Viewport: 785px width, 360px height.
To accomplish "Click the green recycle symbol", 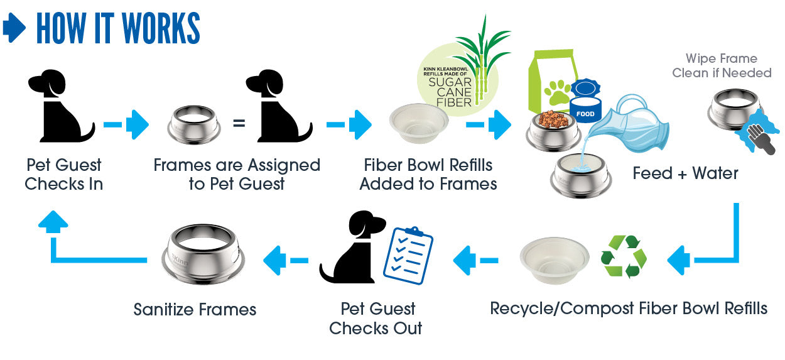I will (x=624, y=256).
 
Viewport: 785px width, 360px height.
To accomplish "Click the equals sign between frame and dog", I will (x=239, y=123).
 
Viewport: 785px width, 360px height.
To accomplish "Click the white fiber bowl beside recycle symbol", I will (x=555, y=259).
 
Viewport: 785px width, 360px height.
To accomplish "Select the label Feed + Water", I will (x=685, y=173).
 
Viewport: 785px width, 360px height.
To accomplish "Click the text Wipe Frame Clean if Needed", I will (x=722, y=66).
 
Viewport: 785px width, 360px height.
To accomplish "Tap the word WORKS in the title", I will (x=160, y=28).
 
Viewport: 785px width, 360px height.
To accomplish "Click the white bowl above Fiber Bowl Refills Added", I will (x=419, y=124).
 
